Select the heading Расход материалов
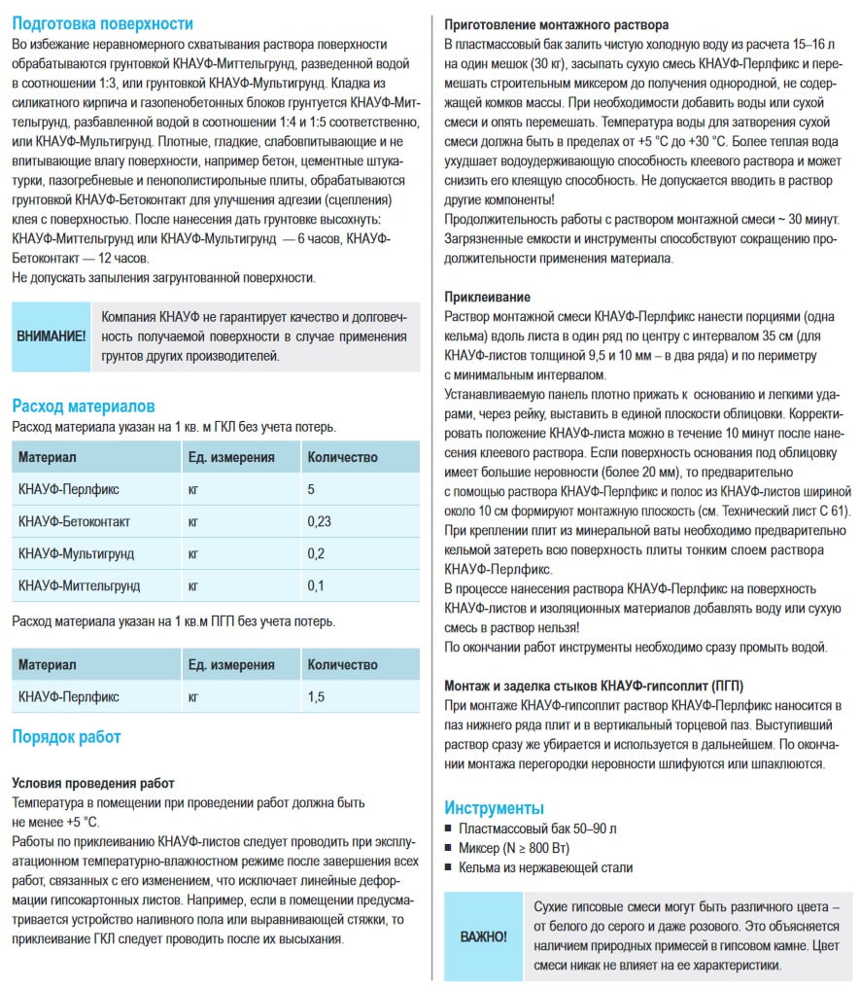[84, 405]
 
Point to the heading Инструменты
[494, 807]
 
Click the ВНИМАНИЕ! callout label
[52, 336]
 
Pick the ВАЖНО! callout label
[483, 936]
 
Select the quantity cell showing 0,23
[320, 521]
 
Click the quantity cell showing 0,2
[316, 553]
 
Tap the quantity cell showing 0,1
[316, 585]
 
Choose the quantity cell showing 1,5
[316, 696]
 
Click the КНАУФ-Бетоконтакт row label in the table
[74, 521]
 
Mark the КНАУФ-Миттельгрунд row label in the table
[79, 585]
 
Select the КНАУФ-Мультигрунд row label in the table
[76, 553]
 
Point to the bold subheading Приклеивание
[487, 297]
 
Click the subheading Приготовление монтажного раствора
[556, 23]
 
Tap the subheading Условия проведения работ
[93, 783]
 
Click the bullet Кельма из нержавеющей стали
[545, 867]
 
